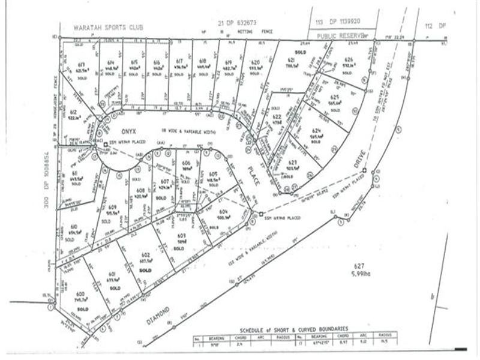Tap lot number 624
[316, 131]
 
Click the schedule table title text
[293, 329]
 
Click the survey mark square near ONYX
[104, 145]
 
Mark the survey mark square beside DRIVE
[364, 170]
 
